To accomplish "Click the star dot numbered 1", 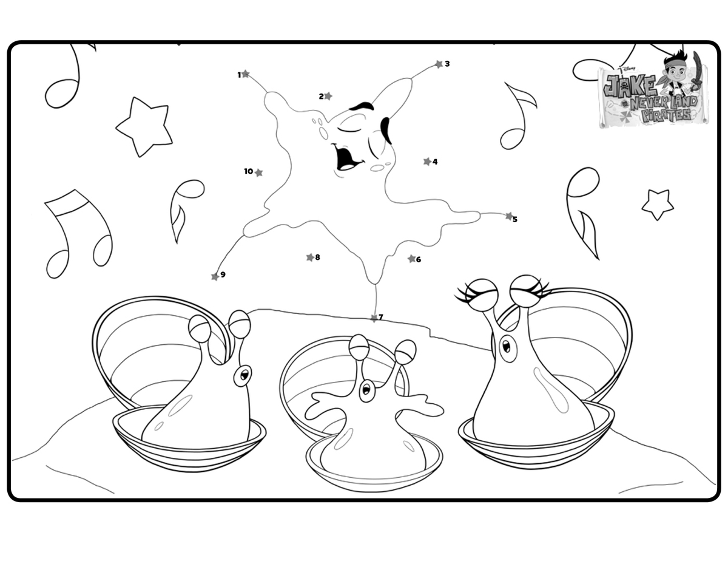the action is click(x=246, y=73).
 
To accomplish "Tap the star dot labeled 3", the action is click(x=439, y=64).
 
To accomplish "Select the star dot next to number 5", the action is click(x=509, y=216).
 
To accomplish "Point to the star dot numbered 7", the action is click(x=374, y=318).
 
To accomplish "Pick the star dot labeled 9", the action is click(x=215, y=277).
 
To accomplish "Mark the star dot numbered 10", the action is click(x=259, y=172).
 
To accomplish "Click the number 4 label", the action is click(x=435, y=162).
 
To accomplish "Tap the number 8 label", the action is click(x=317, y=257).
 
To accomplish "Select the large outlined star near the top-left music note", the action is click(x=144, y=127).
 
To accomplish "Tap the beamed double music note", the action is click(x=78, y=234).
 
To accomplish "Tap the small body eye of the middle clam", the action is click(x=366, y=390).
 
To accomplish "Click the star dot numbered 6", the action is click(x=411, y=259).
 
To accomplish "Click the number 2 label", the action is click(x=321, y=97).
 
